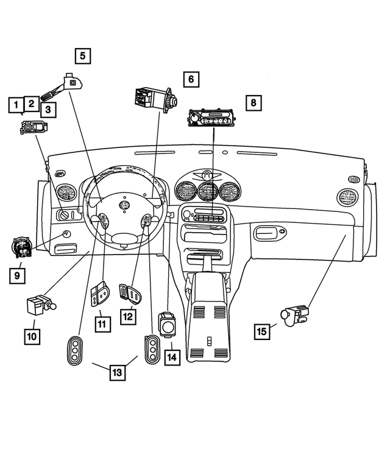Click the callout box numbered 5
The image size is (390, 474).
[83, 57]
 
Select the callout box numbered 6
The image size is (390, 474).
[191, 79]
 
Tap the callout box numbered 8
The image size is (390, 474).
[253, 102]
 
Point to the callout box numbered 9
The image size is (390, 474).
[18, 276]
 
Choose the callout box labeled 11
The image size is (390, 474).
[102, 324]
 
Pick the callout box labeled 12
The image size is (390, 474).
[127, 317]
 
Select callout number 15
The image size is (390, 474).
[262, 331]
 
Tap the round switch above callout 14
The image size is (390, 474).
[168, 326]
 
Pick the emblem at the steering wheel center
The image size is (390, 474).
[125, 205]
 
